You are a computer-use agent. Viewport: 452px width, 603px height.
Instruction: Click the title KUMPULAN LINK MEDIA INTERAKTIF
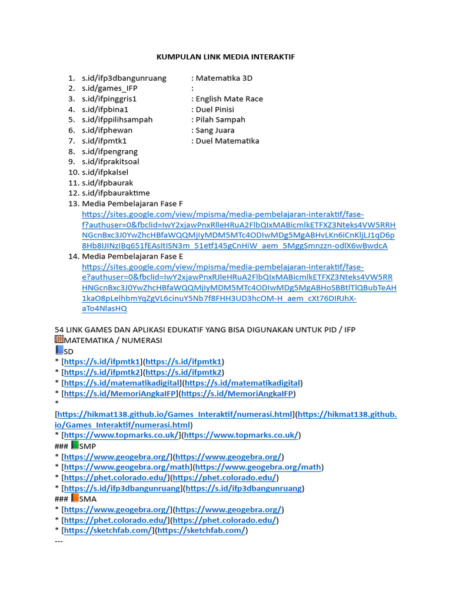[225, 57]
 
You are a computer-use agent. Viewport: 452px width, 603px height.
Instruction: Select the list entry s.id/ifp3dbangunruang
[124, 78]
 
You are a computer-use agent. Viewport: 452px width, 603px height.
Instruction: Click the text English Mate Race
[229, 99]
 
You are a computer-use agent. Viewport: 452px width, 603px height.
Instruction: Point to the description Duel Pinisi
[215, 110]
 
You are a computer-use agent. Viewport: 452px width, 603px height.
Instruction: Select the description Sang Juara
[215, 130]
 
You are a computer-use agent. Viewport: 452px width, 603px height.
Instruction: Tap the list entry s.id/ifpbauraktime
[116, 193]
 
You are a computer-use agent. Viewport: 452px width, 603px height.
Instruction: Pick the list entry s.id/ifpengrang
[109, 151]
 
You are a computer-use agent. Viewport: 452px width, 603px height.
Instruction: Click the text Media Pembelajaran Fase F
[133, 204]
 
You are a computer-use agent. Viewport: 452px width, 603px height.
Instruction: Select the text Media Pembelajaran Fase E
[133, 257]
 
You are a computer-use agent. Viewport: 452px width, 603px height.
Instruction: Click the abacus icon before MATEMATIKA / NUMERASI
[59, 340]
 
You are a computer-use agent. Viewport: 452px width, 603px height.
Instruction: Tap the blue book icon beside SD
[58, 350]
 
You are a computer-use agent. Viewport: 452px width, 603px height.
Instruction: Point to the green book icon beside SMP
[74, 446]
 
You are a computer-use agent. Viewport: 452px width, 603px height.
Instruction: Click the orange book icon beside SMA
[74, 498]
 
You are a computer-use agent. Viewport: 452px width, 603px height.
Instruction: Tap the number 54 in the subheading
[59, 329]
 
